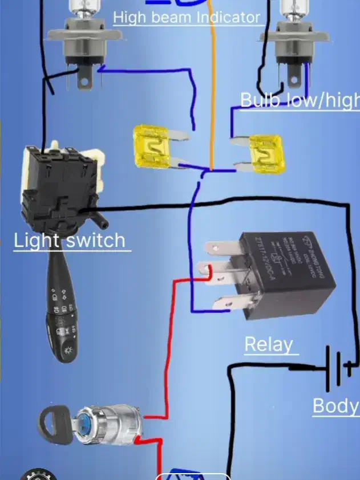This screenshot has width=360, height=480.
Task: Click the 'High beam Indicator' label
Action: (x=187, y=18)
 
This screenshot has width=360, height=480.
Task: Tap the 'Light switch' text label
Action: (x=70, y=240)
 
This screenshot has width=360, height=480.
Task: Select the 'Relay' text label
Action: (x=268, y=344)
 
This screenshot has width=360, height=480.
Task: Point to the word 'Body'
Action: (x=335, y=406)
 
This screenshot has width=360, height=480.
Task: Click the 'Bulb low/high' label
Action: (x=300, y=100)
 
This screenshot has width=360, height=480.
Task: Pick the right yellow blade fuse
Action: (x=266, y=153)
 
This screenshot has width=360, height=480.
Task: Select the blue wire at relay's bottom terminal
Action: (x=211, y=310)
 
